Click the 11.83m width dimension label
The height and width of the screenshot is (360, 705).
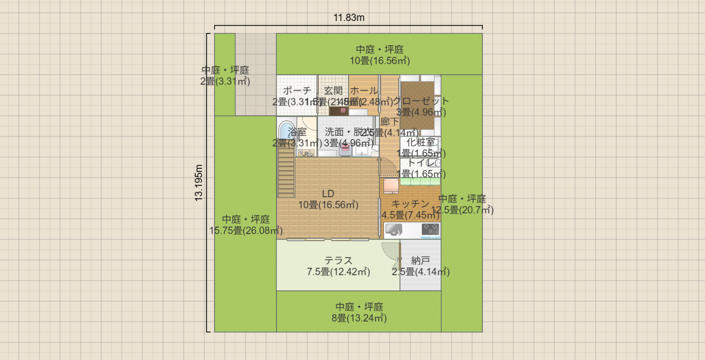coord(349,18)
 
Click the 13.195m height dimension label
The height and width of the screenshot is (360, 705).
coord(199,183)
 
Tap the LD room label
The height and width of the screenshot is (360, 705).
coord(328,194)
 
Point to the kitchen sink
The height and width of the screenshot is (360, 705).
coord(394,230)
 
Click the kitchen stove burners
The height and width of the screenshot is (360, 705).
coord(430,229)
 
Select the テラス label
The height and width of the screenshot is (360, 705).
coord(338,260)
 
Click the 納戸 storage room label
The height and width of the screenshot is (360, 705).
coord(420,260)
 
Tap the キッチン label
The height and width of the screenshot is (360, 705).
coord(410,204)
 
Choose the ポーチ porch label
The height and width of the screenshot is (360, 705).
coord(297,91)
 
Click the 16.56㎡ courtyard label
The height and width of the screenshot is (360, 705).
coord(380,61)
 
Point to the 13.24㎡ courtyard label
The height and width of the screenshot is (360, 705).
coord(359,318)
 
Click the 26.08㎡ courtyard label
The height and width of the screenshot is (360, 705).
coord(246,231)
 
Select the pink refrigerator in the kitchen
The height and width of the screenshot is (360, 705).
coord(391,185)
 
